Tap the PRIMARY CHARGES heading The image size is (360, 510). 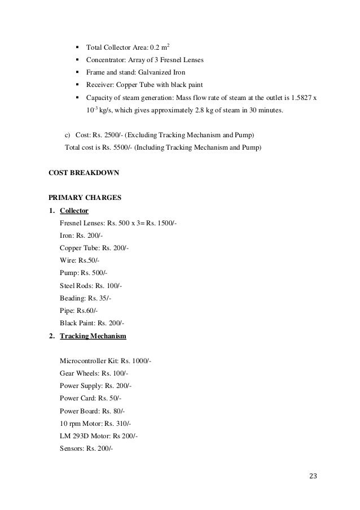[x=84, y=199]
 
